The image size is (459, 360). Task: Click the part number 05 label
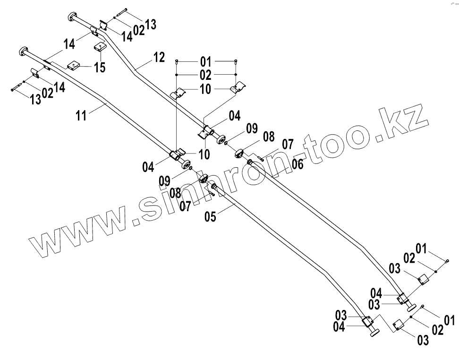[211, 216]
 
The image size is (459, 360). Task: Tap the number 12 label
[159, 58]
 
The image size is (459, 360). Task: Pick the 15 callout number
[99, 67]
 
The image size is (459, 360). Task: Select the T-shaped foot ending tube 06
[411, 307]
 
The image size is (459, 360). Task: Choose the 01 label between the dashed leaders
[205, 61]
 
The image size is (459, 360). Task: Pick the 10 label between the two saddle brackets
[205, 89]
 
